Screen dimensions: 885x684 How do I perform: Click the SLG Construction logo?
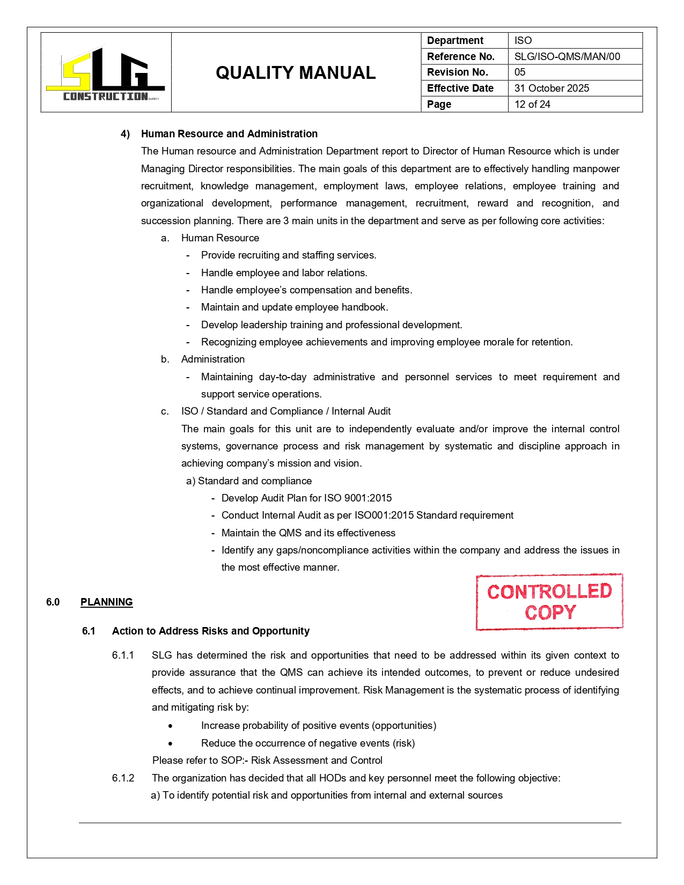106,73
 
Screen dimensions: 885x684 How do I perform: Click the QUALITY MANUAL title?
296,73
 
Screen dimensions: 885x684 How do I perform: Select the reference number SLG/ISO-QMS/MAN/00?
567,56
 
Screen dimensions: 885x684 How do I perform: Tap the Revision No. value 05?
520,72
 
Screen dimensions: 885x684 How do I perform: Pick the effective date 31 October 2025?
551,88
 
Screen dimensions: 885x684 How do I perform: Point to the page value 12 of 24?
532,104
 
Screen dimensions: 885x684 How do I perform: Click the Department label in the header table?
455,40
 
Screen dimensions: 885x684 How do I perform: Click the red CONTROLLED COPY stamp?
549,602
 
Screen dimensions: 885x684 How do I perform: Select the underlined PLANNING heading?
106,602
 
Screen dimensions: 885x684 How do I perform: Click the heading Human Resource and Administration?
229,134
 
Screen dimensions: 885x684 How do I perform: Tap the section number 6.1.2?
123,778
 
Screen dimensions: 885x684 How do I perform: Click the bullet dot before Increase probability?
170,726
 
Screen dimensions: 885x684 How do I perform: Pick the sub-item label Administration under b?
213,359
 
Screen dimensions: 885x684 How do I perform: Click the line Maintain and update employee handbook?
295,307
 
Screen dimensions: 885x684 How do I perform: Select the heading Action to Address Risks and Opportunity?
210,631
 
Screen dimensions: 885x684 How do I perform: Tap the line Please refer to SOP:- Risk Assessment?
267,760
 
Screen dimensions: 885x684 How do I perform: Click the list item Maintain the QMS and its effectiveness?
308,533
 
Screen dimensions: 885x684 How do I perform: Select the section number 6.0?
53,602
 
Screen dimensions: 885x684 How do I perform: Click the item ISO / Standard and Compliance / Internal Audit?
286,411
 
